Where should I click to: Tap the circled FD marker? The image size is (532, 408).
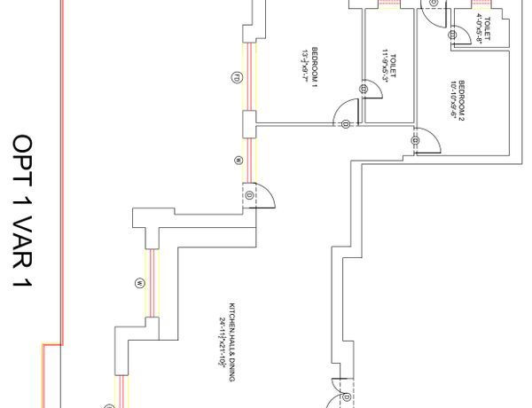[x=237, y=76]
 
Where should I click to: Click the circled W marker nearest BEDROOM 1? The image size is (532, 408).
[x=237, y=161]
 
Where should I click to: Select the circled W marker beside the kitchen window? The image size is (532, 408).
[x=139, y=283]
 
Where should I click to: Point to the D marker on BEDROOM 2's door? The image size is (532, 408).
[x=415, y=139]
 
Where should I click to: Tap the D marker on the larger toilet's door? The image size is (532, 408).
[x=364, y=89]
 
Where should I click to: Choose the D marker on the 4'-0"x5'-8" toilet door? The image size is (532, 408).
[x=455, y=33]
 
